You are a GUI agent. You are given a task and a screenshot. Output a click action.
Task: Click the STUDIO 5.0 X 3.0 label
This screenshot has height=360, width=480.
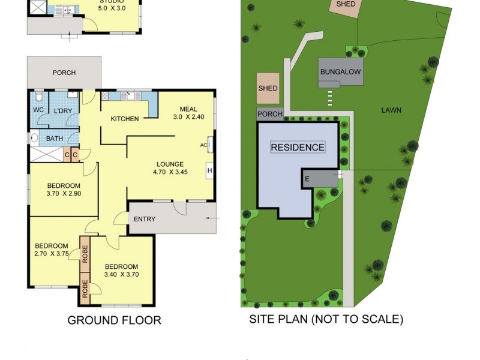tap(112, 5)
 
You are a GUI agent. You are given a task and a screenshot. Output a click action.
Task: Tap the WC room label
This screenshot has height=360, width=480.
tap(38, 110)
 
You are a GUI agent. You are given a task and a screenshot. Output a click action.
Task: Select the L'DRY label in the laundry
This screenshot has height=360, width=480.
tap(63, 111)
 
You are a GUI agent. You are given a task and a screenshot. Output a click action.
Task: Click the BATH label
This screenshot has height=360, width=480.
tap(55, 139)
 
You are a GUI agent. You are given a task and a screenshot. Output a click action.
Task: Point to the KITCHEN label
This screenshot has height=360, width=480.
tap(125, 119)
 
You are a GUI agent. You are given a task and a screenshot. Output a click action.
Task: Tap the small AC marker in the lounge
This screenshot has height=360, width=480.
tap(203, 145)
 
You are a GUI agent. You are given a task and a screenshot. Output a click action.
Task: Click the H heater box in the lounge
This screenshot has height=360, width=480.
tap(210, 170)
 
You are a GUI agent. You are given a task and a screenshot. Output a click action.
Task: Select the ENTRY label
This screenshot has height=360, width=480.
tap(144, 219)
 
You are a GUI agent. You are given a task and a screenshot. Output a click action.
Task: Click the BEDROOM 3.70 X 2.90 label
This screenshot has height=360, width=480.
tap(64, 190)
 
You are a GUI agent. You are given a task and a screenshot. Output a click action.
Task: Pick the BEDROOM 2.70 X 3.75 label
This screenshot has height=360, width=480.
tap(51, 250)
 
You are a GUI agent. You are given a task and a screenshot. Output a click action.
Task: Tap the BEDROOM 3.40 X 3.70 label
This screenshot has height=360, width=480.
tap(121, 271)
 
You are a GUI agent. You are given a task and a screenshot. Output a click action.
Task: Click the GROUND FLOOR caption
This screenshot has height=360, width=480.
tap(114, 320)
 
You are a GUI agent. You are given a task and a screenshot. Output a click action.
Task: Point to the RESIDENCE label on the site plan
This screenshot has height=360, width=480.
tap(298, 147)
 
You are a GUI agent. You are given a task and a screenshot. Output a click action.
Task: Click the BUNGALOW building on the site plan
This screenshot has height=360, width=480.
tap(341, 72)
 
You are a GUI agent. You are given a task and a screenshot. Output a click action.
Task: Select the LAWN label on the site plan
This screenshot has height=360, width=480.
tap(391, 110)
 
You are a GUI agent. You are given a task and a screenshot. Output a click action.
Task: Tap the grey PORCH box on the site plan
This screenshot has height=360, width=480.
tap(269, 114)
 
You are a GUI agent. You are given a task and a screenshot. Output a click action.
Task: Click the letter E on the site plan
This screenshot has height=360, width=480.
tap(307, 179)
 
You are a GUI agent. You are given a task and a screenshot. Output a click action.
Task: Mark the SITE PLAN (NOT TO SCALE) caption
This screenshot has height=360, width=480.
tap(326, 319)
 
